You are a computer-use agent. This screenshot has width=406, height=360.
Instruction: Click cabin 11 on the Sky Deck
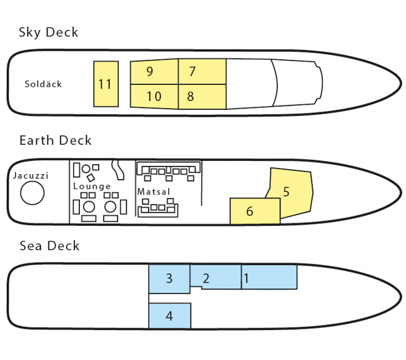pos(106,84)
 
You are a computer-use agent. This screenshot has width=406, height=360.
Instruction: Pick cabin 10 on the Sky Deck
pos(154,97)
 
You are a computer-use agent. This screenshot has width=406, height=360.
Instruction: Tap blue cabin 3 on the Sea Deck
pos(169,278)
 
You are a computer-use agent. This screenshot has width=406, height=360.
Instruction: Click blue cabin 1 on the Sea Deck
pos(269,277)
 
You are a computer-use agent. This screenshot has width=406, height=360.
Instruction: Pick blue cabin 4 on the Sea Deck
pos(169,316)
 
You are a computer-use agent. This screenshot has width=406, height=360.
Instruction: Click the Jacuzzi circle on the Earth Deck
pos(32,194)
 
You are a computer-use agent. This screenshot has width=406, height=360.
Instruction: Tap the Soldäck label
pos(43,84)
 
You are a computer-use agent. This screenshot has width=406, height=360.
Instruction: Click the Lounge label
pos(92,187)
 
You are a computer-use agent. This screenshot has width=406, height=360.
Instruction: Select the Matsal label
pos(154,192)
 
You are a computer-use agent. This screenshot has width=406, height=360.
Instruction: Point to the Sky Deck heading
pos(49,32)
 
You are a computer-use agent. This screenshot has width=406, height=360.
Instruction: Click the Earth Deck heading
pos(56,140)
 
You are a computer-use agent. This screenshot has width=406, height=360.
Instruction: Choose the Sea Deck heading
pos(50,246)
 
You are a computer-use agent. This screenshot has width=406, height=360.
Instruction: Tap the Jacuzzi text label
pos(31,176)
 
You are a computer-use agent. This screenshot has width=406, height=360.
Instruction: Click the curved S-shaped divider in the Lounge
pos(116,170)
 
